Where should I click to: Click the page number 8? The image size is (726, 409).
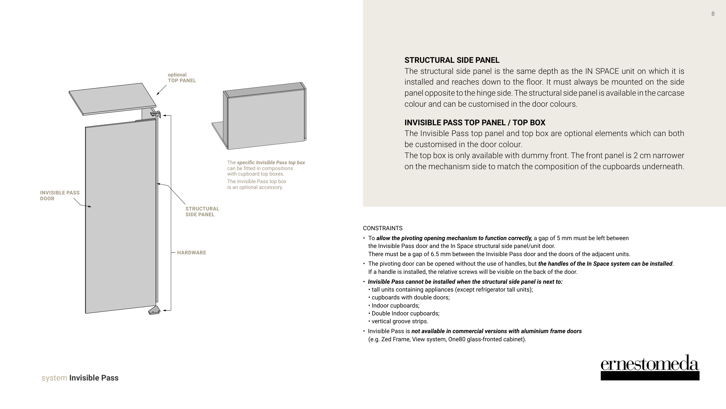click(713, 14)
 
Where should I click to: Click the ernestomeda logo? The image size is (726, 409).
click(650, 367)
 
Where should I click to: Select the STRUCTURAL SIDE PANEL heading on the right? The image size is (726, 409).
click(452, 60)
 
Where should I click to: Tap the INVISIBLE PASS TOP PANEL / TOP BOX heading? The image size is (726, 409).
click(475, 123)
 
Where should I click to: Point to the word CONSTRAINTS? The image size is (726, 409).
click(382, 228)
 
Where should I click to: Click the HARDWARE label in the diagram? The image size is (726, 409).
click(192, 253)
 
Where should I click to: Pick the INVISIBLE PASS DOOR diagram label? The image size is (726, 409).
click(60, 196)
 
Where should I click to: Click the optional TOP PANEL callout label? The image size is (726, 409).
click(182, 78)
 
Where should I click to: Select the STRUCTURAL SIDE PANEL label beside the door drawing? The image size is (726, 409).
click(202, 212)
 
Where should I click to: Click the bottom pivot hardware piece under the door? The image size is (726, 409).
click(154, 311)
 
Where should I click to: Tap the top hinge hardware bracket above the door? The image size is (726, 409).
click(156, 114)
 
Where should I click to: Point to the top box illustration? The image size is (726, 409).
click(264, 116)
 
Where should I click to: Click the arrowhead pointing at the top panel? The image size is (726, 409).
click(158, 94)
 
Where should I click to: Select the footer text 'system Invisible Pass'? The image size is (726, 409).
click(80, 378)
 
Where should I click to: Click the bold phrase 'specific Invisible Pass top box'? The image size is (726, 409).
click(271, 162)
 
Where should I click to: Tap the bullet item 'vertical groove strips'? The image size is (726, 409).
click(400, 321)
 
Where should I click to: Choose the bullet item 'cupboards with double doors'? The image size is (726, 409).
click(410, 297)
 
